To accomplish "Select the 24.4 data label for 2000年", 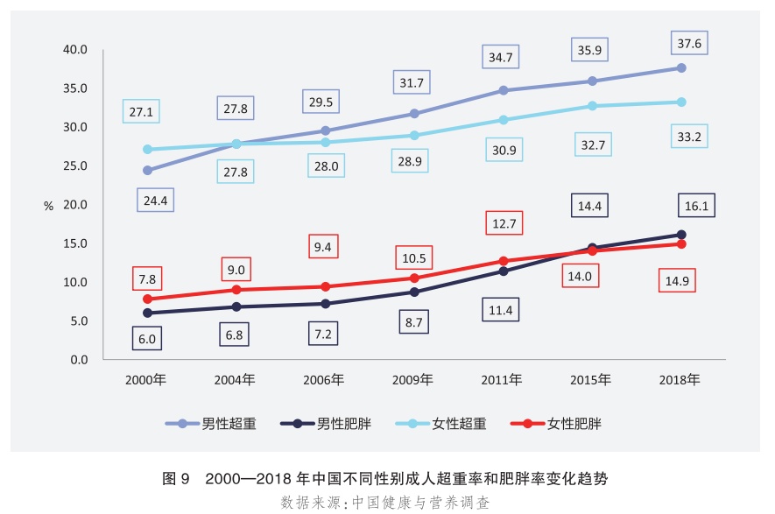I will (155, 201).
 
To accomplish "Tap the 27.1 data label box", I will (142, 112).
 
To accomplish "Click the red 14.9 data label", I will (678, 281).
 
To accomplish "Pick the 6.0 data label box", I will (147, 339).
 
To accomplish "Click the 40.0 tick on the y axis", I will (75, 50).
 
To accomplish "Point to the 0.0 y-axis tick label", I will (79, 360).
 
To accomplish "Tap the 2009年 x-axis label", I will (412, 380).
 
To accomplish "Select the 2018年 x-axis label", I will (680, 380).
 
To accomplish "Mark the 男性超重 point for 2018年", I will (680, 68).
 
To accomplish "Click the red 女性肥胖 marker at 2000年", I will (147, 299).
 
